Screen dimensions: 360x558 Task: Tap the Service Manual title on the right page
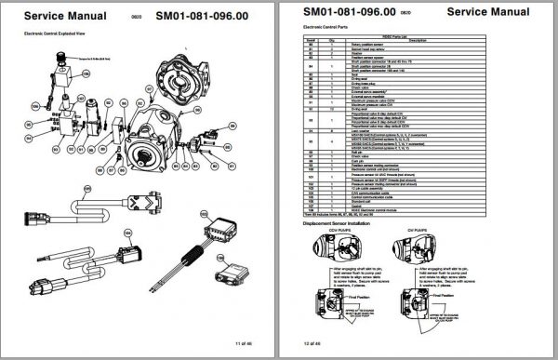point(489,12)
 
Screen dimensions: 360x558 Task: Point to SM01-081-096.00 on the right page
point(348,12)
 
